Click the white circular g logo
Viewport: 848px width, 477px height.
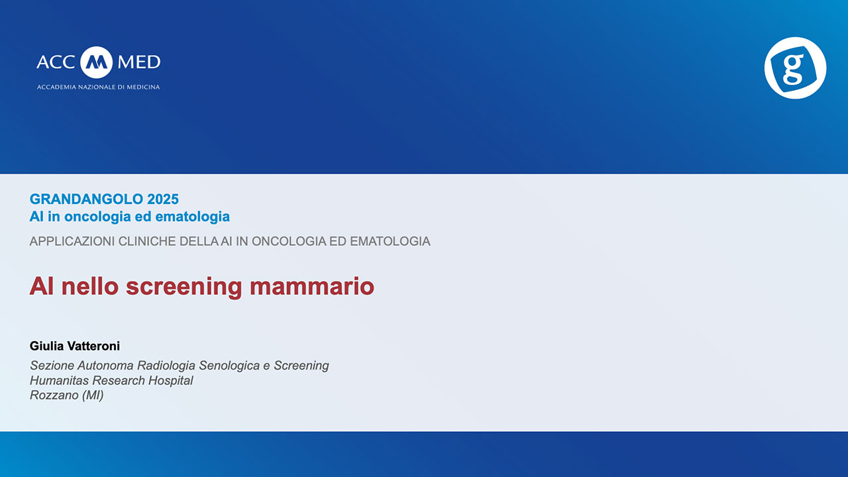point(795,68)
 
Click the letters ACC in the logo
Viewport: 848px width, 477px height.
point(57,62)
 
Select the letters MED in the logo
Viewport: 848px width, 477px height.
point(138,62)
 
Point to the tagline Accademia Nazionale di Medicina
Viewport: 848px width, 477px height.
point(98,87)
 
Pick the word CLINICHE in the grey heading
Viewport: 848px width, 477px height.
point(148,241)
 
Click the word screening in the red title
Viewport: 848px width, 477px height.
point(184,286)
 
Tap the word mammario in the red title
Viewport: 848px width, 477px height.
point(312,286)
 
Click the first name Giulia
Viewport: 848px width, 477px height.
point(45,346)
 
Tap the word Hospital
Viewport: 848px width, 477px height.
point(171,381)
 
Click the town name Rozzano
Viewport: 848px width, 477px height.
point(53,396)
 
